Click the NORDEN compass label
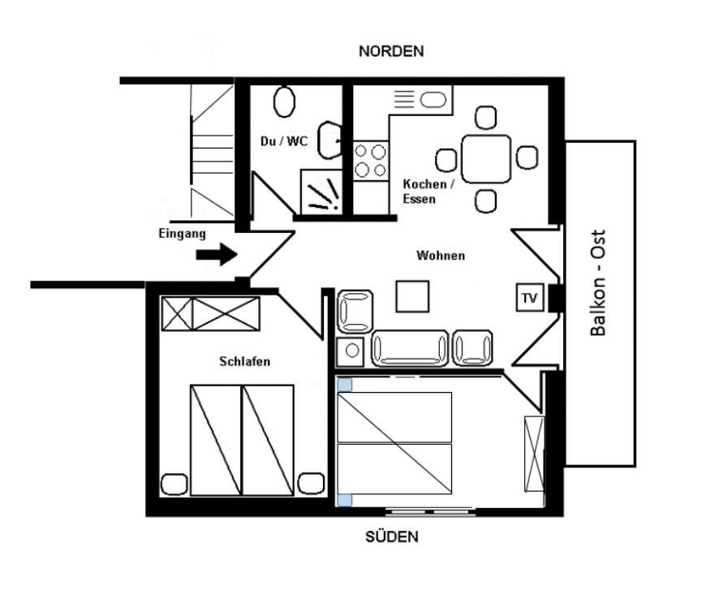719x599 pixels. pyautogui.click(x=391, y=51)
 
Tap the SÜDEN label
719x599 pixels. pyautogui.click(x=392, y=537)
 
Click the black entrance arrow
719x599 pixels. pyautogui.click(x=217, y=254)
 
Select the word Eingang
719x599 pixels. pyautogui.click(x=182, y=234)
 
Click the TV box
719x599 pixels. pyautogui.click(x=530, y=298)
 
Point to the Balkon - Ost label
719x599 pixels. pyautogui.click(x=598, y=283)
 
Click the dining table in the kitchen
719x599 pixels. pyautogui.click(x=486, y=159)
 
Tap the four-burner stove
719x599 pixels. pyautogui.click(x=371, y=161)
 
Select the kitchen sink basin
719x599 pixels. pyautogui.click(x=433, y=100)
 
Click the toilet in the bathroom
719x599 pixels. pyautogui.click(x=284, y=101)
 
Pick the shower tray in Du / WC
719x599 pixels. pyautogui.click(x=321, y=192)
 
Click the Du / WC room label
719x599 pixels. pyautogui.click(x=284, y=140)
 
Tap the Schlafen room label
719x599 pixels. pyautogui.click(x=244, y=361)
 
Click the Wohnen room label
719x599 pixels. pyautogui.click(x=441, y=256)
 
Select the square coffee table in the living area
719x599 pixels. pyautogui.click(x=413, y=296)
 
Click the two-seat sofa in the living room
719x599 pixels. pyautogui.click(x=410, y=348)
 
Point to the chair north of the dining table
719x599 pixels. pyautogui.click(x=485, y=118)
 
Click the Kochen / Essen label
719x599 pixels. pyautogui.click(x=428, y=192)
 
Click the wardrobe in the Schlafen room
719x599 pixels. pyautogui.click(x=210, y=314)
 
